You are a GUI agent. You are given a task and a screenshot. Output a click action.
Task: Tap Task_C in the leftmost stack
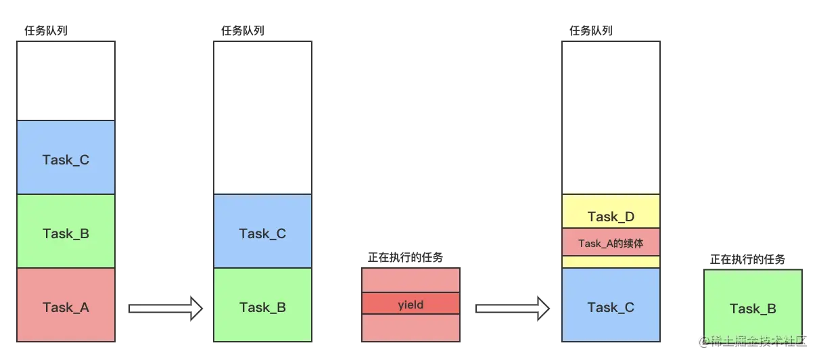pos(66,159)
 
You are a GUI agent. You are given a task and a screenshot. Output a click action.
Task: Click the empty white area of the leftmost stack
pos(66,81)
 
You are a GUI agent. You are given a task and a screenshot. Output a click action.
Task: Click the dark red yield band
pos(411,304)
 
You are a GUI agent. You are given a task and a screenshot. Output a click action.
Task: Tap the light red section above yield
pos(411,280)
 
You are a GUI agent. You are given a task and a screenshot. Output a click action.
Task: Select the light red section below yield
pos(411,328)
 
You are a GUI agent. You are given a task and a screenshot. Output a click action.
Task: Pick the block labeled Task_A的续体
pos(611,242)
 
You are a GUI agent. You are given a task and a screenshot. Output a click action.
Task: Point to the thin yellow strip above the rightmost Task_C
pos(611,262)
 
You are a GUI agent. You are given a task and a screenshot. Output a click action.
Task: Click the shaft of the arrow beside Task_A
pos(159,308)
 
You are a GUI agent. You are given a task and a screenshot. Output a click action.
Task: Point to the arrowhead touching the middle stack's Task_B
pos(197,308)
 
